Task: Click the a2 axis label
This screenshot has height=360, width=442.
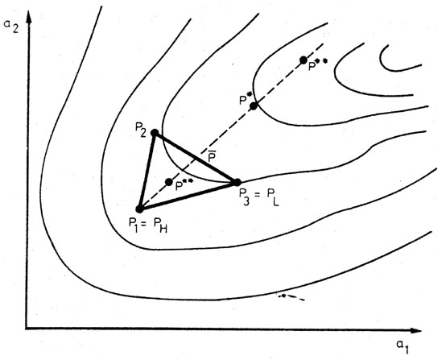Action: (x=11, y=27)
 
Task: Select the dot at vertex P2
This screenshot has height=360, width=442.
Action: (x=155, y=133)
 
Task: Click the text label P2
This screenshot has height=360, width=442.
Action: (x=141, y=130)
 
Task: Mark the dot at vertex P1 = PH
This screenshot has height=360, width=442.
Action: (x=139, y=209)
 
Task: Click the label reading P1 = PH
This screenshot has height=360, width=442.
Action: (x=148, y=226)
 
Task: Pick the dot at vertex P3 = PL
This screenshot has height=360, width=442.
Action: (x=238, y=182)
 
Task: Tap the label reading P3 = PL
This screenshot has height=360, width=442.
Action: (x=258, y=197)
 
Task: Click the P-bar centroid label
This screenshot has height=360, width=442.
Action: (x=212, y=156)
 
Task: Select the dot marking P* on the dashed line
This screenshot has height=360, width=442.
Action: (x=254, y=106)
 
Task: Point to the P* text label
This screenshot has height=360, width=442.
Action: (x=246, y=98)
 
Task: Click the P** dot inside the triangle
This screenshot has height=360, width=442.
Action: (x=169, y=182)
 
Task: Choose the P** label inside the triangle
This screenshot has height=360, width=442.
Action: (x=184, y=185)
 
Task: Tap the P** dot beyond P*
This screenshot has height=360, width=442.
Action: (x=304, y=60)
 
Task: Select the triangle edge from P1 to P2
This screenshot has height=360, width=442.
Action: (x=147, y=171)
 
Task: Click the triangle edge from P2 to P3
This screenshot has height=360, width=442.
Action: (x=196, y=157)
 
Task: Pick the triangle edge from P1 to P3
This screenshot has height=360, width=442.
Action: (x=188, y=196)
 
